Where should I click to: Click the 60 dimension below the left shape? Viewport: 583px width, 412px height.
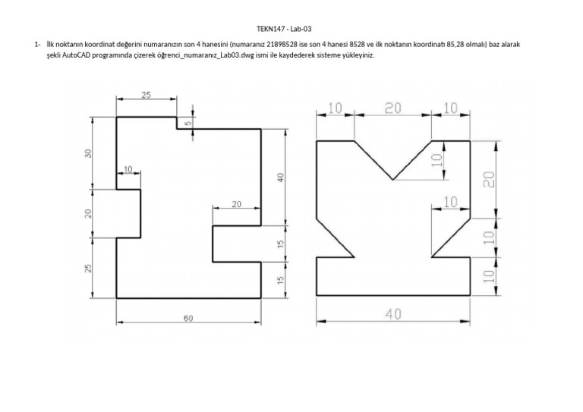[x=188, y=319]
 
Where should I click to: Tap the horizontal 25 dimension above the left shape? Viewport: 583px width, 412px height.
[x=146, y=95]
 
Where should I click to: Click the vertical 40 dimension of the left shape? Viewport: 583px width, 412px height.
[x=280, y=177]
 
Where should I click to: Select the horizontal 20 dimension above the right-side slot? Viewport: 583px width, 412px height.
[x=236, y=204]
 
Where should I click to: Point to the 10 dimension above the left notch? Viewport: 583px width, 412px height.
[x=127, y=168]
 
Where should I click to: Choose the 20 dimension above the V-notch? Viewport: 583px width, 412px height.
[x=392, y=109]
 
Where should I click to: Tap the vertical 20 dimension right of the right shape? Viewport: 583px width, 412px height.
[x=490, y=179]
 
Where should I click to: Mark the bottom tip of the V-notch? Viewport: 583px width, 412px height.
[x=392, y=180]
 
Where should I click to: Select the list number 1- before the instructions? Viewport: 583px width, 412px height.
[x=37, y=45]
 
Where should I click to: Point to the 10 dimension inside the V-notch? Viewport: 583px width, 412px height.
[x=436, y=161]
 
